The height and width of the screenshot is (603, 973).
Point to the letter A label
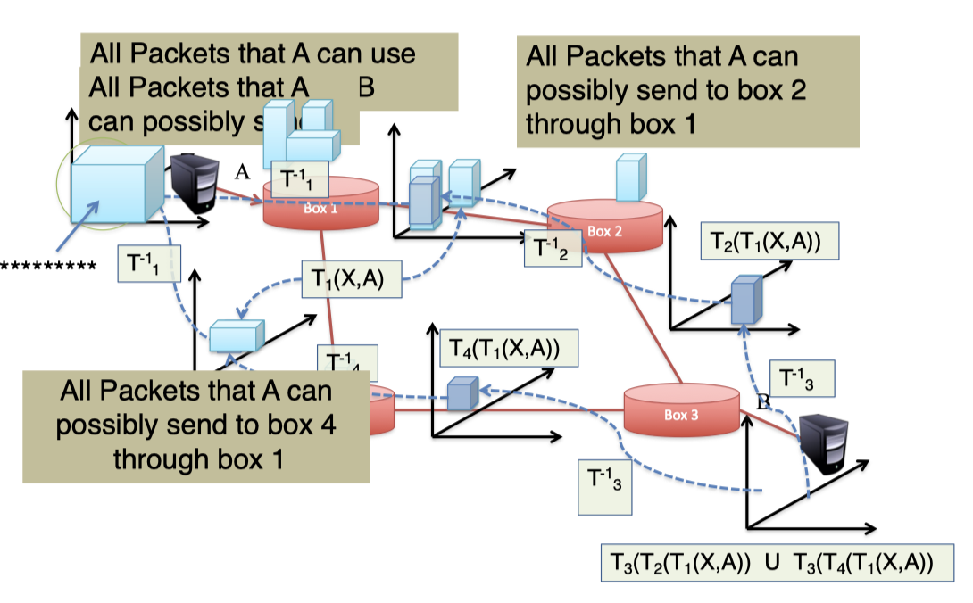(x=240, y=172)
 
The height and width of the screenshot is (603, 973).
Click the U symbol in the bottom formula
(x=771, y=562)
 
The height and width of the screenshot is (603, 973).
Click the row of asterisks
(x=48, y=266)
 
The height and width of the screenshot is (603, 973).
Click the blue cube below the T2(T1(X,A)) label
(x=744, y=300)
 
